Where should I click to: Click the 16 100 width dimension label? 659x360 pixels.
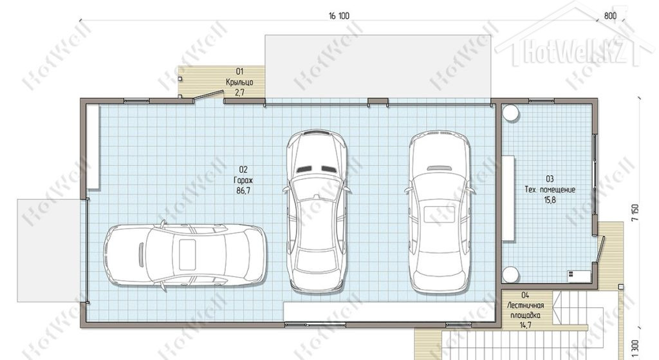click(x=339, y=16)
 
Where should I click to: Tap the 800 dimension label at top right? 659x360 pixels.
click(x=610, y=16)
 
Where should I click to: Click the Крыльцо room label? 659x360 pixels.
click(x=239, y=82)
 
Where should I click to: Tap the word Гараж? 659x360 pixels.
click(x=243, y=180)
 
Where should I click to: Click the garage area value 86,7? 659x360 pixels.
click(x=243, y=191)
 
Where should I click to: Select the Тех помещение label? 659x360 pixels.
click(x=550, y=190)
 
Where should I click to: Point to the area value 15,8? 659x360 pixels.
click(x=550, y=200)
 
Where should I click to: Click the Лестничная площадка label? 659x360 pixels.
click(x=525, y=310)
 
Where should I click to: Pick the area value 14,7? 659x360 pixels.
click(x=525, y=325)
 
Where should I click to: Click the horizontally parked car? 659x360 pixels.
click(x=185, y=256)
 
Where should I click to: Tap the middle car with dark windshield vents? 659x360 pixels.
click(x=317, y=211)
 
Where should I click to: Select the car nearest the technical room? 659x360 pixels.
click(x=439, y=213)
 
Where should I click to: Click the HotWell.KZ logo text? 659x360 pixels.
click(x=574, y=52)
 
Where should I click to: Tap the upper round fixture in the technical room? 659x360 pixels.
click(x=510, y=113)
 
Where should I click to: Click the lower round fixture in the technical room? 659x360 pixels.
click(x=510, y=274)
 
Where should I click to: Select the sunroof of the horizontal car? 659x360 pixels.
click(x=187, y=255)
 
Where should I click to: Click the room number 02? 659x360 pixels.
click(x=243, y=169)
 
